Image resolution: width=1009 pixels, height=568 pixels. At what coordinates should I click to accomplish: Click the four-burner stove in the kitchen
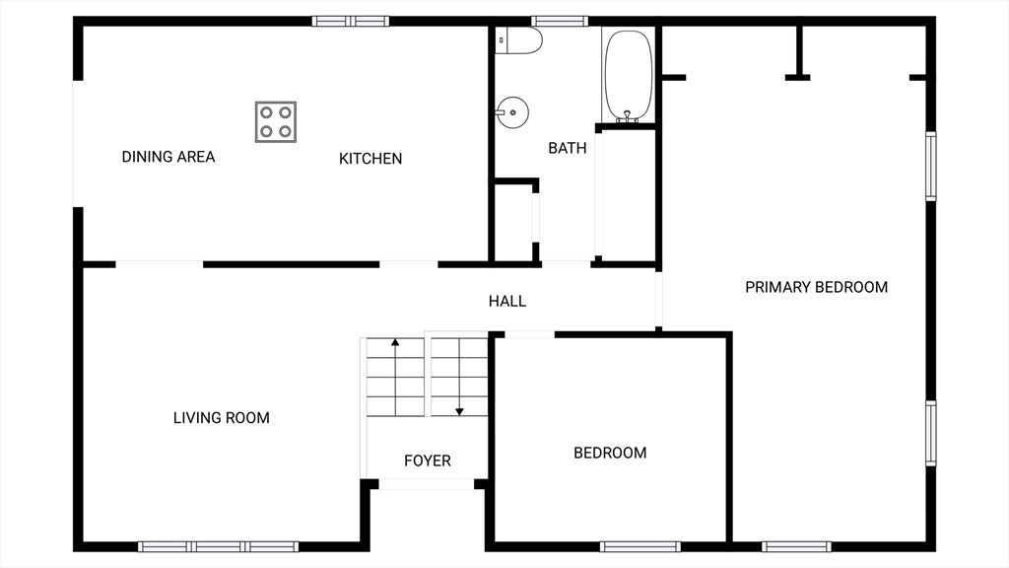(276, 121)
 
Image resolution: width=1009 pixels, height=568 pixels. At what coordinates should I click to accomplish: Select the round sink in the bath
(512, 112)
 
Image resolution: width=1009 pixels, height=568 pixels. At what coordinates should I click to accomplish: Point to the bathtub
(628, 76)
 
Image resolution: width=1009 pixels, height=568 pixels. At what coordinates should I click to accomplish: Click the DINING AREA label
(168, 157)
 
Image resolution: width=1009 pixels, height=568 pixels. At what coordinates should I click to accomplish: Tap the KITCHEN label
(370, 159)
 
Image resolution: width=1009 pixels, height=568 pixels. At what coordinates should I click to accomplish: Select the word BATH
(567, 148)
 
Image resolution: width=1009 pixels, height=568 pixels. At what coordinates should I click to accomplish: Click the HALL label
(507, 301)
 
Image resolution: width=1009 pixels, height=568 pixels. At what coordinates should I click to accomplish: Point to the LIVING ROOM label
(222, 418)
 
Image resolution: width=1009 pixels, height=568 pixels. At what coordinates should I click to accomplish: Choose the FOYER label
(428, 461)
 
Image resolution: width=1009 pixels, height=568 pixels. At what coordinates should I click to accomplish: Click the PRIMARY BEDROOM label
(816, 287)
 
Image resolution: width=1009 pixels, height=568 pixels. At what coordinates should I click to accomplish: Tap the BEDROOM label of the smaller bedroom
(610, 453)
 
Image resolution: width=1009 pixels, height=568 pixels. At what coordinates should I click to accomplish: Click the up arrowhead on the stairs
(395, 342)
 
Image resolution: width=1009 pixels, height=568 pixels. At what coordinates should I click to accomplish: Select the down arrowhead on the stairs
(459, 411)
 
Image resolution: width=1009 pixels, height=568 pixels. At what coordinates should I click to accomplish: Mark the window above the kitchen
(351, 22)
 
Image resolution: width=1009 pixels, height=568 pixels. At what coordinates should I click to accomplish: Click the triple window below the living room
(218, 546)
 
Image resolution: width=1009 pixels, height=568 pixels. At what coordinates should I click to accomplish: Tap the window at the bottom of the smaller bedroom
(640, 546)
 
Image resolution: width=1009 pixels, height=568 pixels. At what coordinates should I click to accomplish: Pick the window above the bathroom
(560, 22)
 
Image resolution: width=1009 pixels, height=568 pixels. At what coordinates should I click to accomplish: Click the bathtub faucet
(628, 116)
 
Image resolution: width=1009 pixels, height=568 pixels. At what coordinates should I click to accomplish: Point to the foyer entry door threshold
(427, 484)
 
